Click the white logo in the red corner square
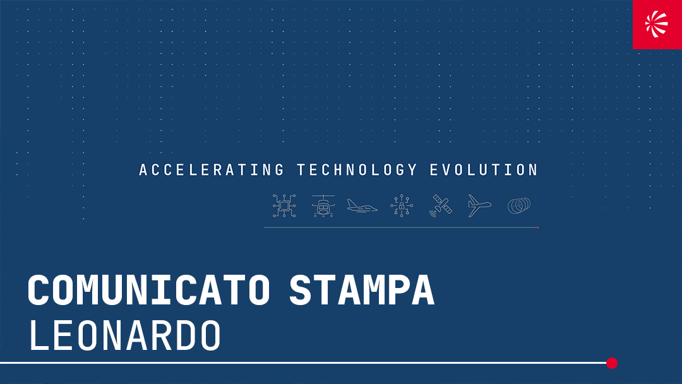(x=657, y=24)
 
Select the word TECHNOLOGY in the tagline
(x=357, y=170)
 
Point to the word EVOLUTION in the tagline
(x=484, y=170)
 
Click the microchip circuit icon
(x=284, y=206)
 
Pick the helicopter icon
(x=323, y=206)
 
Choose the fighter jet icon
(x=362, y=207)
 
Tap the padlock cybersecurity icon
(x=402, y=206)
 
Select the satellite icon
(x=441, y=206)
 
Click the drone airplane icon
(x=479, y=206)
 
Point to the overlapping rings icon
(x=518, y=206)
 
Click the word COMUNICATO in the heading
(x=149, y=291)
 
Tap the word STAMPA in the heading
(x=362, y=291)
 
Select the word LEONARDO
(x=125, y=336)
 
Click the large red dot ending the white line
(x=611, y=363)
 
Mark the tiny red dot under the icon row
(x=537, y=227)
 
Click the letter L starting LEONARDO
(x=37, y=336)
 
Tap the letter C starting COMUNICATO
(x=39, y=291)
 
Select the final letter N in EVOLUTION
(x=533, y=170)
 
